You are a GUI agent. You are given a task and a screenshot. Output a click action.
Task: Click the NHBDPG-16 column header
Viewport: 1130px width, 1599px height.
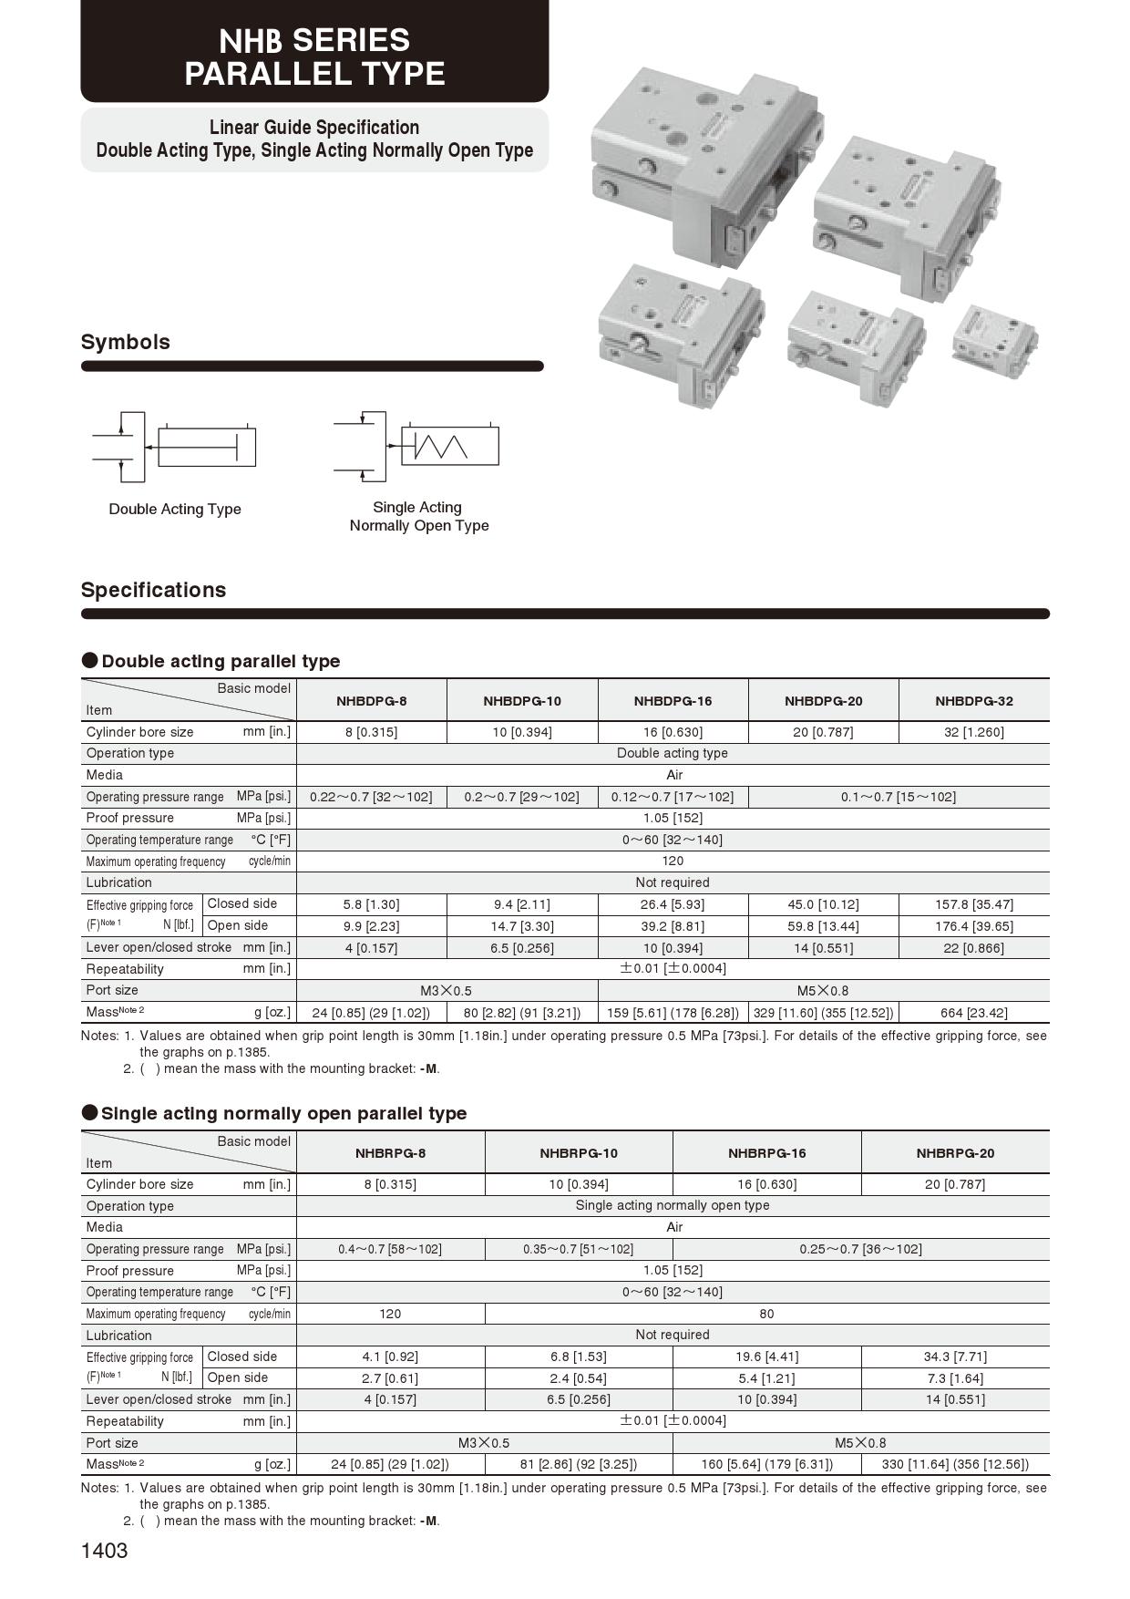click(673, 701)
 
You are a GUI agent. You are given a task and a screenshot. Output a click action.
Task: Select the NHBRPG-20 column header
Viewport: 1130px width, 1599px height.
click(955, 1153)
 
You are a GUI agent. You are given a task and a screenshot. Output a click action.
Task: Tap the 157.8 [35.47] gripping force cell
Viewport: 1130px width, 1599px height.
click(973, 904)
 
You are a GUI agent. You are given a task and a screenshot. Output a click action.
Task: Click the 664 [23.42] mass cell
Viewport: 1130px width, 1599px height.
click(973, 1012)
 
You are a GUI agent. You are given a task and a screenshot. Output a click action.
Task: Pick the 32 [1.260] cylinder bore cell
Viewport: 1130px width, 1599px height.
click(973, 732)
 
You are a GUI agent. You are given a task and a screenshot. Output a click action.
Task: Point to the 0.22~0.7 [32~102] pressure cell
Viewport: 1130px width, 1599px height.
click(371, 797)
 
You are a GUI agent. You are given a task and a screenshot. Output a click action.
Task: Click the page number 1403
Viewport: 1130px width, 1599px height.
click(105, 1551)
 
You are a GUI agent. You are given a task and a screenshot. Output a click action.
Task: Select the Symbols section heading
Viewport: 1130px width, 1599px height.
click(126, 342)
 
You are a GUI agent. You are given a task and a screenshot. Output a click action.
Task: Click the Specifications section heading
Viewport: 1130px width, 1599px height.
click(153, 590)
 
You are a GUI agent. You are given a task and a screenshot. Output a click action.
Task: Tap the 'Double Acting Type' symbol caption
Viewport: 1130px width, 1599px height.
click(175, 509)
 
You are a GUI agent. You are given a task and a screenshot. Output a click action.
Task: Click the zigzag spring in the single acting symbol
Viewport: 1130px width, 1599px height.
click(441, 446)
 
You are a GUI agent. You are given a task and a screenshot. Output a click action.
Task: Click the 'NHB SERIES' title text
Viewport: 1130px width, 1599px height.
click(314, 40)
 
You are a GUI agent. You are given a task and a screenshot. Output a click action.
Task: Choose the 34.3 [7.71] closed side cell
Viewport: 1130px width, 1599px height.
click(955, 1357)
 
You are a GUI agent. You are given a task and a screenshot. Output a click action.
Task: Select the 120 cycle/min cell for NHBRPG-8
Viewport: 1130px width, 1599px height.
click(390, 1314)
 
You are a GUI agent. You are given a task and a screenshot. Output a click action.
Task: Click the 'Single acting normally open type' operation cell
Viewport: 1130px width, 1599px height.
click(673, 1205)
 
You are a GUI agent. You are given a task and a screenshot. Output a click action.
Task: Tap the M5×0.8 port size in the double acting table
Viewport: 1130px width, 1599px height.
click(823, 990)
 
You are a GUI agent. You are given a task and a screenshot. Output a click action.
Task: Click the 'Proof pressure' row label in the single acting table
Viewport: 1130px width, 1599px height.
click(130, 1271)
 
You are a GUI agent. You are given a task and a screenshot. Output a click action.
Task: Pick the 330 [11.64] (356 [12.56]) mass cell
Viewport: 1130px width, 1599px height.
click(955, 1464)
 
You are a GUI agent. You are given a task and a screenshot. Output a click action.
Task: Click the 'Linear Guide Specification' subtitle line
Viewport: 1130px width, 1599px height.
click(314, 128)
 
